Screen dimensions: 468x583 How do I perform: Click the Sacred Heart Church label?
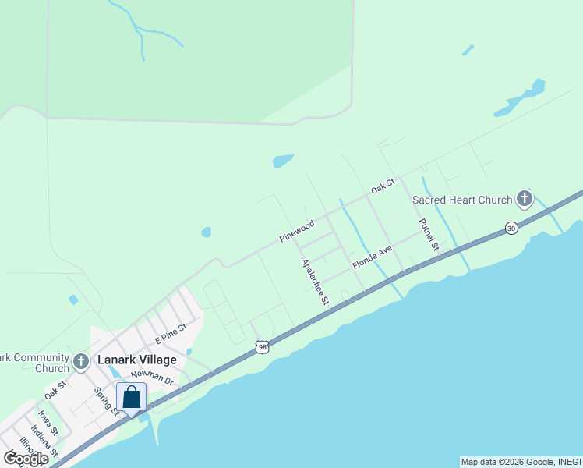pyautogui.click(x=462, y=200)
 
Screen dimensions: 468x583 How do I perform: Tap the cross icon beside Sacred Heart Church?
pyautogui.click(x=525, y=199)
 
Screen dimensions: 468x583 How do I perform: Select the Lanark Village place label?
pyautogui.click(x=136, y=360)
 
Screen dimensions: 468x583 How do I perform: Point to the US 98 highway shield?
pyautogui.click(x=262, y=346)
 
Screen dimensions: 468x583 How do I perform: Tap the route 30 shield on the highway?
pyautogui.click(x=511, y=228)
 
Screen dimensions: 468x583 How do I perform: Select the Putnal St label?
pyautogui.click(x=429, y=235)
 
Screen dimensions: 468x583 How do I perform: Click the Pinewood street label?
pyautogui.click(x=297, y=230)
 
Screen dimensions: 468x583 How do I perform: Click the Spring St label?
pyautogui.click(x=105, y=401)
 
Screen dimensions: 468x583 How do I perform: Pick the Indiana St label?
pyautogui.click(x=44, y=441)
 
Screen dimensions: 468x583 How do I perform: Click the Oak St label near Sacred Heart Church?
pyautogui.click(x=383, y=186)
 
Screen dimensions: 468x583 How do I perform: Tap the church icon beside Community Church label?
pyautogui.click(x=82, y=362)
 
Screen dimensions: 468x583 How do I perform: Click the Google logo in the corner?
pyautogui.click(x=26, y=459)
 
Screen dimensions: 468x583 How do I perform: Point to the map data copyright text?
pyautogui.click(x=521, y=462)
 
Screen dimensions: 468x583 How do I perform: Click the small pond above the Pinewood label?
pyautogui.click(x=206, y=232)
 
